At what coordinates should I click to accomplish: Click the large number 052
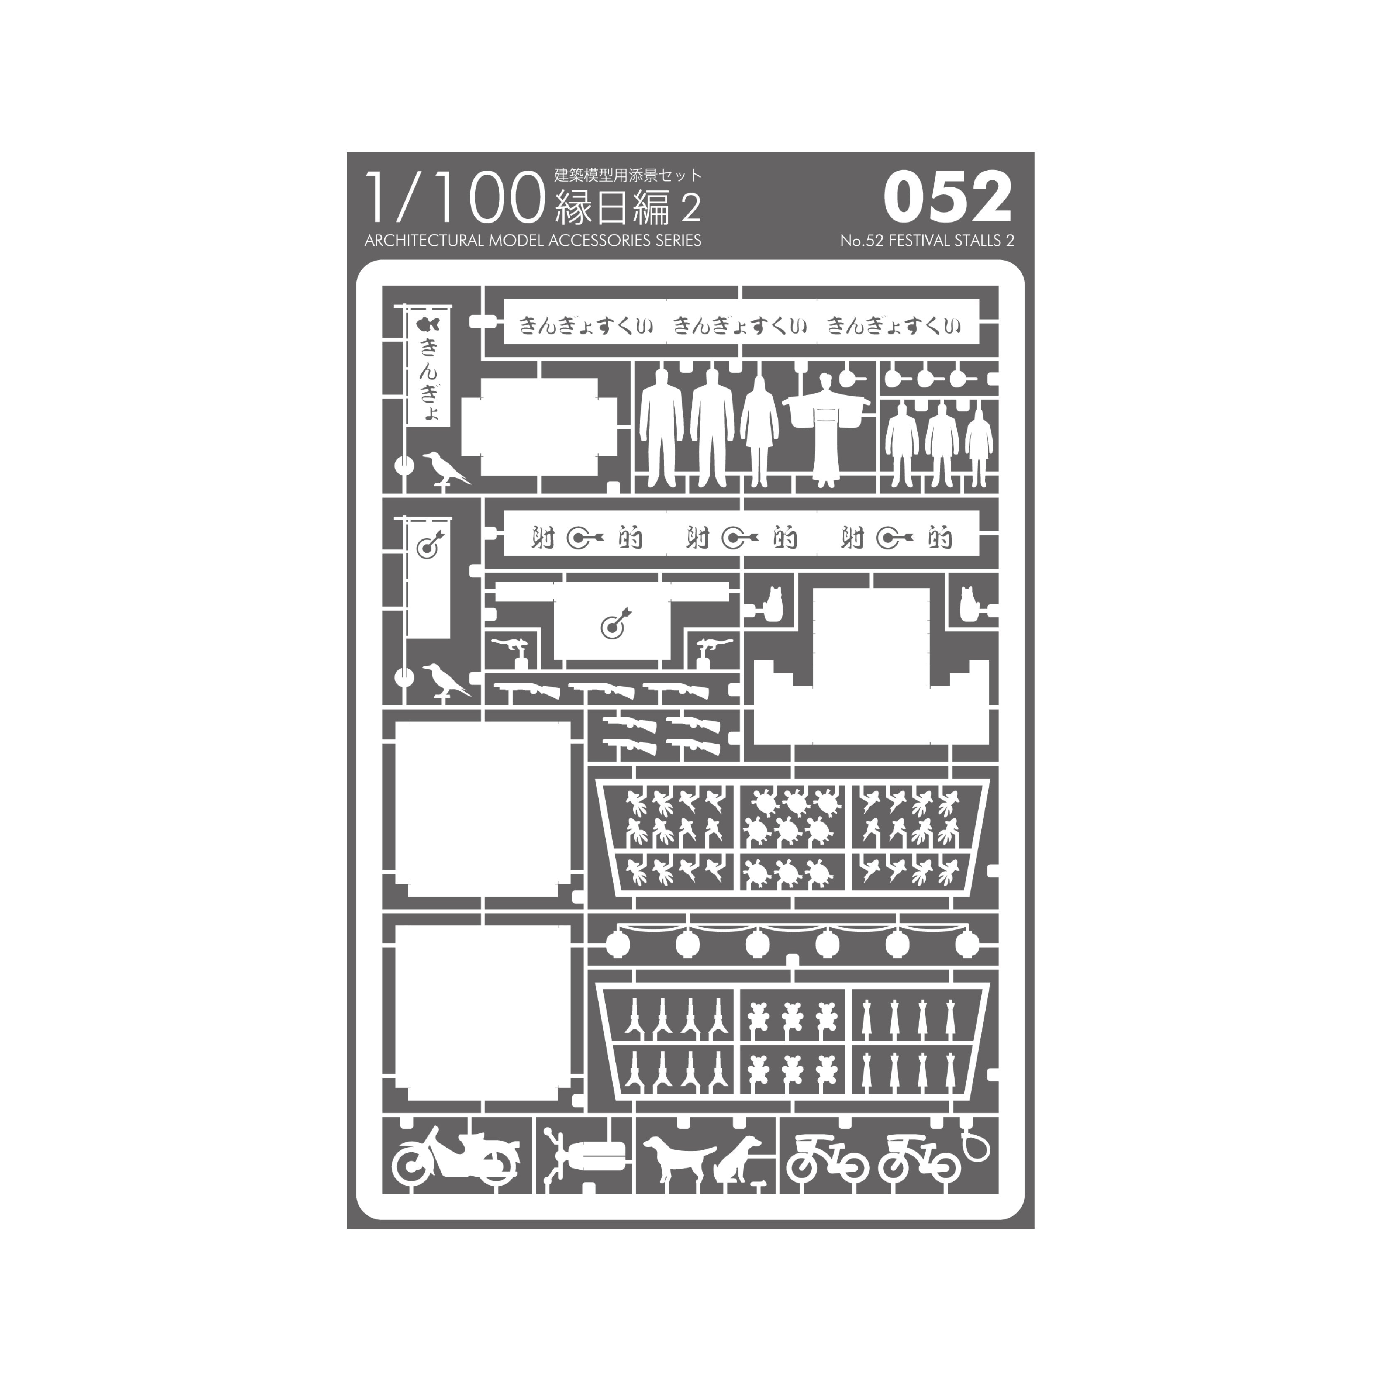[948, 198]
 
